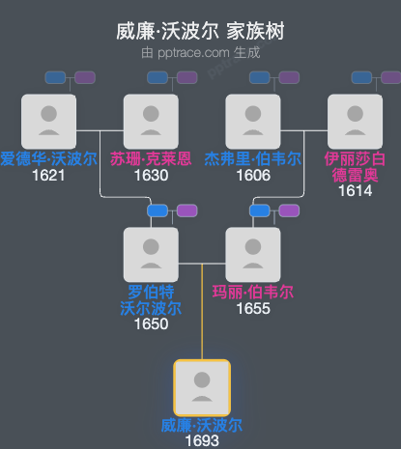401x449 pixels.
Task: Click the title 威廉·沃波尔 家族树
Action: tap(200, 32)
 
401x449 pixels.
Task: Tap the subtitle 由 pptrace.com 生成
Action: tap(200, 52)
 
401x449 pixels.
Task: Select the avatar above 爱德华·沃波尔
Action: tap(49, 121)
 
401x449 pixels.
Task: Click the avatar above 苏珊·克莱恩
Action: tap(151, 121)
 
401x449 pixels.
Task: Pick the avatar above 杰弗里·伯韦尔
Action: tap(252, 121)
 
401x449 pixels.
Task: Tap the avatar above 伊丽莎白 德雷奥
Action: tap(355, 121)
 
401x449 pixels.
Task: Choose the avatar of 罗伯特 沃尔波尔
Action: tap(151, 254)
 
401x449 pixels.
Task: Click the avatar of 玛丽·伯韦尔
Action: tap(252, 254)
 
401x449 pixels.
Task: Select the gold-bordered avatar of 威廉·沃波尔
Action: tap(201, 387)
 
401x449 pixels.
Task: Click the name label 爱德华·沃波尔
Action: tap(49, 158)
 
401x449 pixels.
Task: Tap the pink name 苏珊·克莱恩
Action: tap(151, 158)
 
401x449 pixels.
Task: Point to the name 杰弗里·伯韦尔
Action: tap(252, 158)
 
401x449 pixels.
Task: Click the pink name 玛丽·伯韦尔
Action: tap(252, 292)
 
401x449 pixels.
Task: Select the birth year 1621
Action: tap(48, 175)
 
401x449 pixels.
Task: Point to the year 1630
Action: tap(151, 175)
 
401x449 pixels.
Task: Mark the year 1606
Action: tap(252, 175)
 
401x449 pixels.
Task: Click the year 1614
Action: tap(355, 191)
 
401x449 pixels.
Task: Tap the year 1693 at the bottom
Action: tap(201, 440)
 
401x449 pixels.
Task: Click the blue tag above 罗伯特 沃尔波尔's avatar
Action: tap(158, 210)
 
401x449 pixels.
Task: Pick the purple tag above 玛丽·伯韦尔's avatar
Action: tap(289, 210)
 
